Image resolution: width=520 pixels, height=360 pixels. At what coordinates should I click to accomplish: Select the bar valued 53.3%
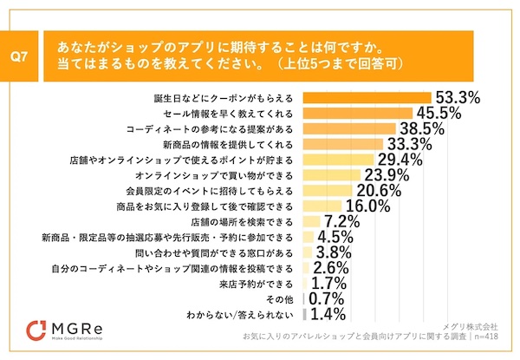pyautogui.click(x=373, y=98)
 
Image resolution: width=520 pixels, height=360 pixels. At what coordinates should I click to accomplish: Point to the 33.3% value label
pyautogui.click(x=409, y=144)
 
